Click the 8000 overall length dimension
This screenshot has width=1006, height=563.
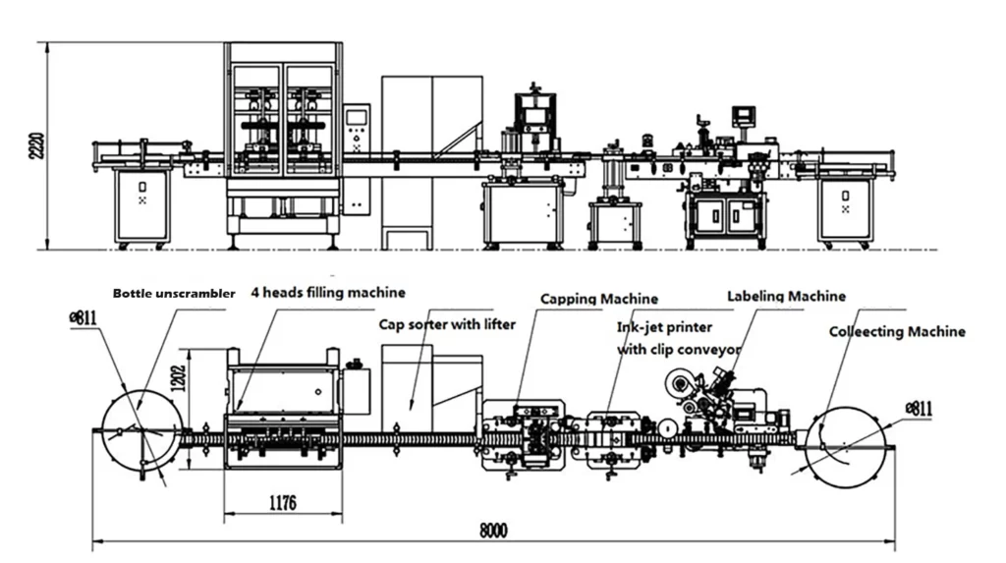[493, 531]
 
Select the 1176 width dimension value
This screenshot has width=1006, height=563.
[282, 503]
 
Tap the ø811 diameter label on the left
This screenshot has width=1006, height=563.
[83, 318]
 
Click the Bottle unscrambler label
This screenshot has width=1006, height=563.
[173, 293]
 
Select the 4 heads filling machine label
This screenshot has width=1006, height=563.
[327, 292]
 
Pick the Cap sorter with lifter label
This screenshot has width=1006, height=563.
[447, 324]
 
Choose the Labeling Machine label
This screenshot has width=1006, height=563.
[785, 295]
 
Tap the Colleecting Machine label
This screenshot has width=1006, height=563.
[896, 332]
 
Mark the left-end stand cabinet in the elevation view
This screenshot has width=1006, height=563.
[142, 205]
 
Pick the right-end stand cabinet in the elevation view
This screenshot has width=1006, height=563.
[847, 208]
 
